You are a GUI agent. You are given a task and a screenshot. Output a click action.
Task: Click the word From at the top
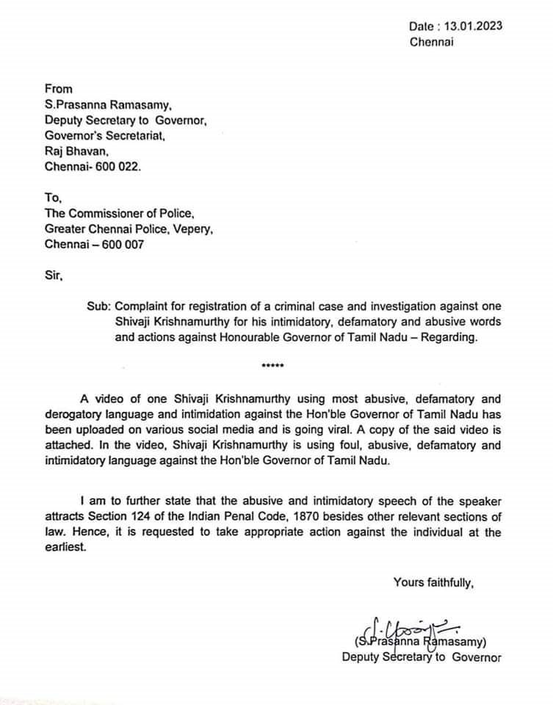(x=58, y=89)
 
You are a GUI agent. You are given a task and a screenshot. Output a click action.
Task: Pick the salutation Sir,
(x=54, y=276)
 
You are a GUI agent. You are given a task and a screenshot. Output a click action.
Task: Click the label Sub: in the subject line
(x=97, y=307)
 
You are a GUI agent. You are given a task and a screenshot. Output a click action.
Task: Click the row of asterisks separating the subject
(x=272, y=366)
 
